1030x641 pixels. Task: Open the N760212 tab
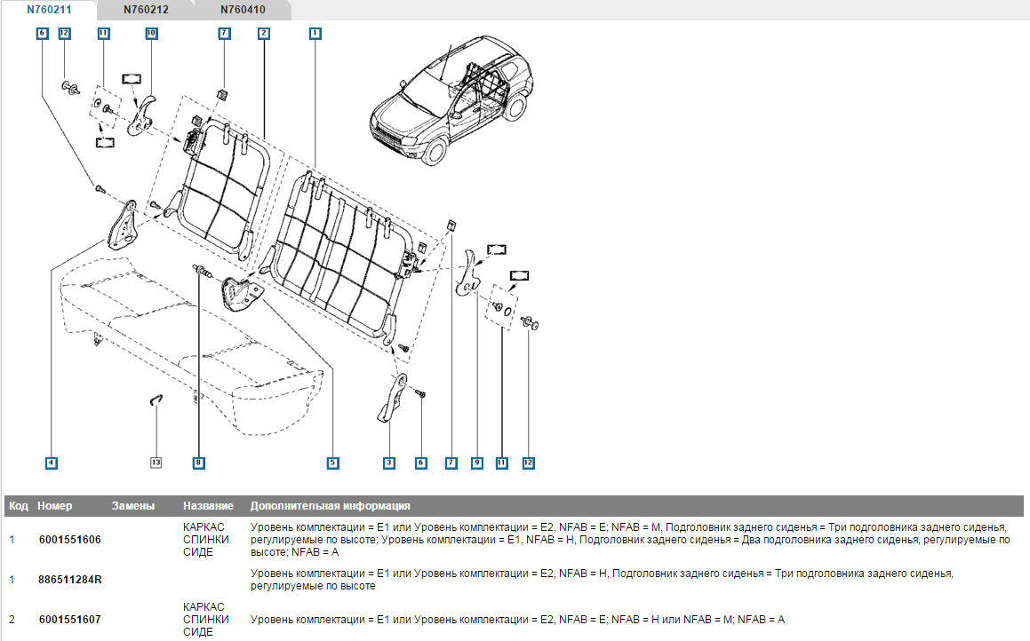click(146, 11)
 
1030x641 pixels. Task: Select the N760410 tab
click(243, 11)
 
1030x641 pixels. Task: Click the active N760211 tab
click(50, 11)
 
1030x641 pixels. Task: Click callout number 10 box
click(151, 33)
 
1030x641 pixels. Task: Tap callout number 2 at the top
click(264, 33)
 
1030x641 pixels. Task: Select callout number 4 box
click(52, 463)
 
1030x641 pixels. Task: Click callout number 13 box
click(156, 463)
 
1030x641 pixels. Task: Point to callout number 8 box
click(198, 463)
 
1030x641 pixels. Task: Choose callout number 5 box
click(332, 463)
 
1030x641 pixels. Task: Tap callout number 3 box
click(389, 463)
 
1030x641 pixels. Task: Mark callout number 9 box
click(476, 463)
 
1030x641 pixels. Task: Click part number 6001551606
click(70, 539)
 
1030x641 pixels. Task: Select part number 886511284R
click(70, 580)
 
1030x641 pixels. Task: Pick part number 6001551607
click(70, 620)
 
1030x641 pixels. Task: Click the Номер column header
click(55, 506)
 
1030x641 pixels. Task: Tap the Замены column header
click(133, 506)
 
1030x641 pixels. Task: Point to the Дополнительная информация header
click(330, 506)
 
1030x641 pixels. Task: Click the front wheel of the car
click(434, 152)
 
